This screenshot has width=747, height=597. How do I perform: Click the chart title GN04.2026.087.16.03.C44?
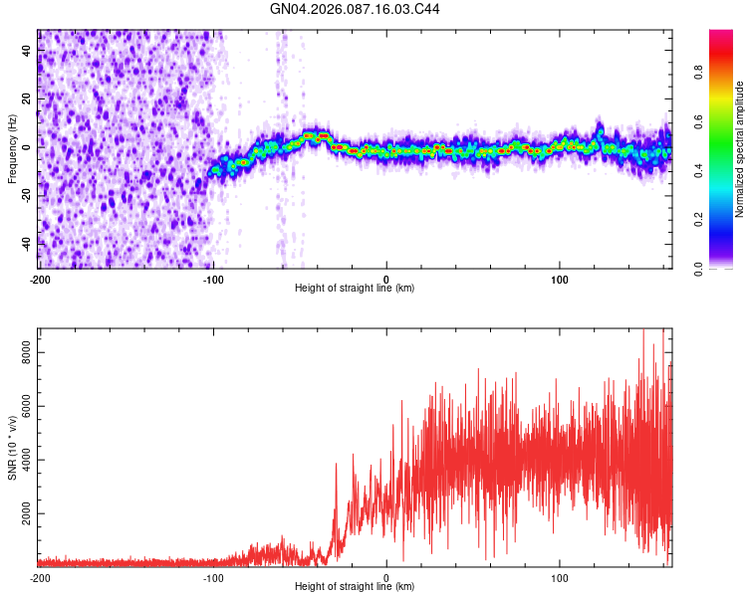356,9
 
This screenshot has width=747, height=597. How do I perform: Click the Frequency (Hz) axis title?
12,149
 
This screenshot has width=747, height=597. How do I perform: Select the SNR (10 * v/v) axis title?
12,447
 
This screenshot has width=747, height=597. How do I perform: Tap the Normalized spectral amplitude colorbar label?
739,149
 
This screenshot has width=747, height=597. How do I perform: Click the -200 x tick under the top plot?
40,278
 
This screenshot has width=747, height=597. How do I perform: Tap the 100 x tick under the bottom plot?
560,576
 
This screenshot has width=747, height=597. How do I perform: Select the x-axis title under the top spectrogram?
356,289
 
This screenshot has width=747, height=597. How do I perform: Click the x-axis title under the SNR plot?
356,587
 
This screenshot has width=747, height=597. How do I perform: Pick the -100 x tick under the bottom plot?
213,576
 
